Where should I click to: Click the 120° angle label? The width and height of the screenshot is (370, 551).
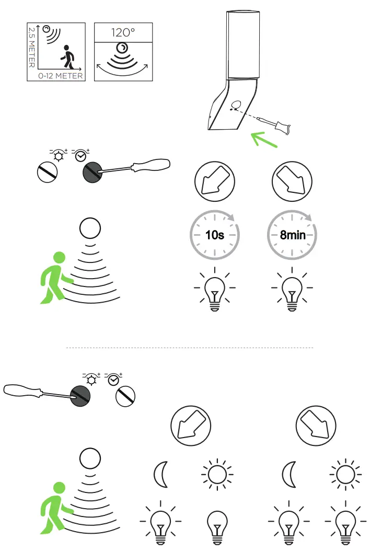(x=123, y=33)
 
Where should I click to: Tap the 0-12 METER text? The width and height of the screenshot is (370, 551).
(x=61, y=76)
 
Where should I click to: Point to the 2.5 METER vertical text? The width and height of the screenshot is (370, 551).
(x=32, y=48)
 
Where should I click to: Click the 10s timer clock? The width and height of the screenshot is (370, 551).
(x=215, y=235)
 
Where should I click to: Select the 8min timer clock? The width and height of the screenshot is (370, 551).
(x=292, y=235)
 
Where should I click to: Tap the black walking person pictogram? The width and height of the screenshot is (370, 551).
(x=68, y=56)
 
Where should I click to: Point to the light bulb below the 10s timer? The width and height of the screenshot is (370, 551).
(x=215, y=289)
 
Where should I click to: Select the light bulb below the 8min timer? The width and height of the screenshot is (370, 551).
(x=292, y=289)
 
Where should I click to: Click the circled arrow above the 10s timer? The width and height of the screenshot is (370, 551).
(x=215, y=181)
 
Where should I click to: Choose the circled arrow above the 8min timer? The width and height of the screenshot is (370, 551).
(x=292, y=181)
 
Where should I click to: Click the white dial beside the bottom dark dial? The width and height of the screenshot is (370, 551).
(x=125, y=396)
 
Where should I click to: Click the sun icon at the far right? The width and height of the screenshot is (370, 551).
(x=345, y=474)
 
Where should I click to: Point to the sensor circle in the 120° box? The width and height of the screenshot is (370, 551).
(x=122, y=48)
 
